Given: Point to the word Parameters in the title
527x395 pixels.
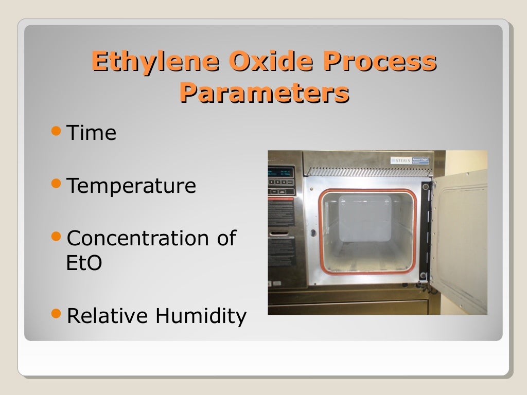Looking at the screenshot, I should pos(264,93).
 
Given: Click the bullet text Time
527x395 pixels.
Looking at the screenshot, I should pos(92,133).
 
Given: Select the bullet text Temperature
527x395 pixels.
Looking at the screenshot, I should pos(131,186).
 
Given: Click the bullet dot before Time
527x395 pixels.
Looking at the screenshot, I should pos(57,132).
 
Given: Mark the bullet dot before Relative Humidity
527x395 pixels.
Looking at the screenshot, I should pos(57,314).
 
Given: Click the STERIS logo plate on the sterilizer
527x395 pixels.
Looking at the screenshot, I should pos(409,160).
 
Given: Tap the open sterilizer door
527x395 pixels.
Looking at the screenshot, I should pos(458,242).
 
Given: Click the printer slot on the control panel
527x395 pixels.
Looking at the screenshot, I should pos(281,233).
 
